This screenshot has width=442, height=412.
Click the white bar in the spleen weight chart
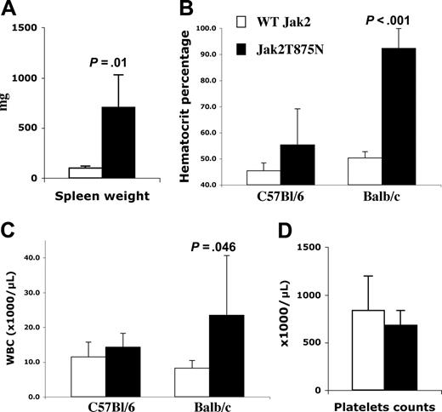coord(85,173)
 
